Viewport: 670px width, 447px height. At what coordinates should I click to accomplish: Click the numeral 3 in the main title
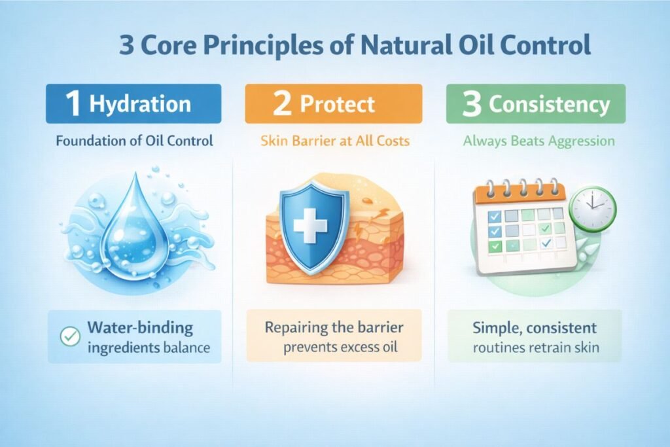tap(126, 45)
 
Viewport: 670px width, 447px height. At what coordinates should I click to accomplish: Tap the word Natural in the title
tap(406, 45)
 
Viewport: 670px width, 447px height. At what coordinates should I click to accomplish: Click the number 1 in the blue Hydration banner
tap(73, 103)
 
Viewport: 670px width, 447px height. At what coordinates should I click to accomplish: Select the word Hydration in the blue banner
tap(140, 104)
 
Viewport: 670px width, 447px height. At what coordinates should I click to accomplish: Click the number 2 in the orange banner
tap(282, 103)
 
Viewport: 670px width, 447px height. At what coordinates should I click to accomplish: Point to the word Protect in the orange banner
tap(337, 104)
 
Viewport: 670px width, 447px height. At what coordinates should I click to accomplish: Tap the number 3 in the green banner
tap(472, 104)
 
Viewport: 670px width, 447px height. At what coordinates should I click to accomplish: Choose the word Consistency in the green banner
tap(550, 104)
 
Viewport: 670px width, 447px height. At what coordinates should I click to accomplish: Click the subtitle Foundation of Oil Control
tap(134, 141)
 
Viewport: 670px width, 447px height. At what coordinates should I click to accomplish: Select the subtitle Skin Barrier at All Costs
tap(335, 141)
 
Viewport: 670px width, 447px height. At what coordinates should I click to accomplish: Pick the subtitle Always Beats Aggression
tap(539, 141)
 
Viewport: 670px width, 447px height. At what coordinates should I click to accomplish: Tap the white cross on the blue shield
tap(311, 225)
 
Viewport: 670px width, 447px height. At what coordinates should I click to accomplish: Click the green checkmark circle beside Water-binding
tap(70, 336)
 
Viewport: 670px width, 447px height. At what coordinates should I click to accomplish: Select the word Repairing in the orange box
tap(295, 328)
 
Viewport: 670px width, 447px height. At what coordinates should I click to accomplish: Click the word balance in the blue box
tap(186, 348)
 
